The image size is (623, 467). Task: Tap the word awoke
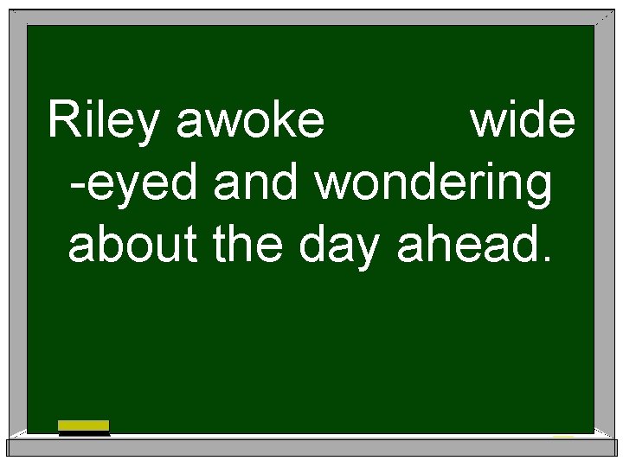pos(250,122)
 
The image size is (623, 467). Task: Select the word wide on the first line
pos(522,122)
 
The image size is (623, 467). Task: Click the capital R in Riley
pos(63,120)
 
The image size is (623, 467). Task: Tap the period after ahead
pos(542,259)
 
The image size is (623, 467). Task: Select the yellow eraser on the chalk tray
pos(84,426)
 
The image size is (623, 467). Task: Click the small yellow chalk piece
pos(563,435)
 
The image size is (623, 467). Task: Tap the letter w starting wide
pos(485,126)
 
